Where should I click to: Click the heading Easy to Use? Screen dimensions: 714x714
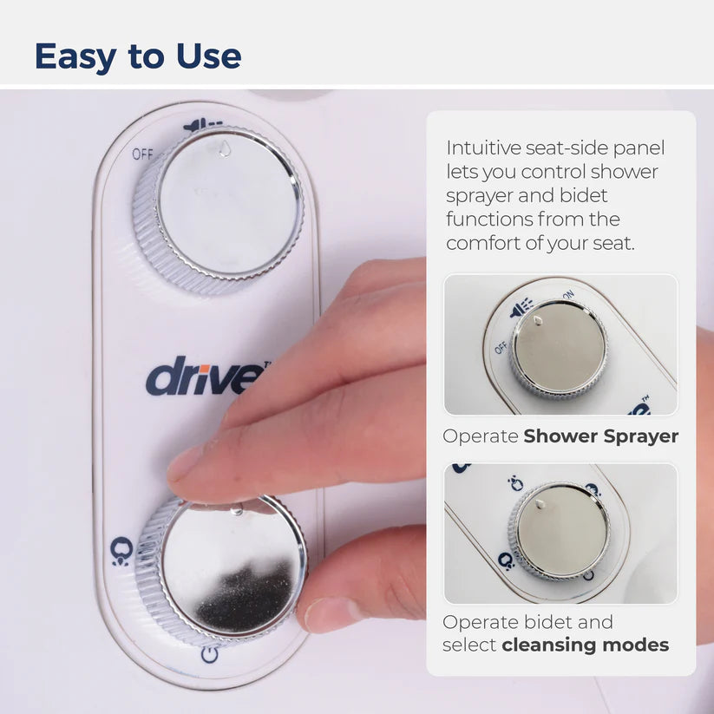point(138,56)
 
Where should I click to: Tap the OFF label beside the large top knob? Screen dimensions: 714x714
point(142,154)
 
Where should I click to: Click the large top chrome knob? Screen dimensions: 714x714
point(219,208)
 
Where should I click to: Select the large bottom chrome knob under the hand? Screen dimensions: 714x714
point(222,569)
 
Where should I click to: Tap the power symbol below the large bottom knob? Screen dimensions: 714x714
point(209,655)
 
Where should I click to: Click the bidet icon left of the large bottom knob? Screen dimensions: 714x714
point(121,551)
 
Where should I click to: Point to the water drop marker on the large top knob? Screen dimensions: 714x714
point(224,148)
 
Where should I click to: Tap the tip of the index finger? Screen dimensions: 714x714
point(169,473)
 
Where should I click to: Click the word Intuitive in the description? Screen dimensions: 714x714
point(483,148)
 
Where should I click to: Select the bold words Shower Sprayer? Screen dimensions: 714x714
point(600,436)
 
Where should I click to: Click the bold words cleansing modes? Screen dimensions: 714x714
point(585,645)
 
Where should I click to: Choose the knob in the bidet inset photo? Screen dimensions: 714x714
point(560,531)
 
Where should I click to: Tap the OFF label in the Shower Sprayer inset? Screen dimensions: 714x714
point(501,348)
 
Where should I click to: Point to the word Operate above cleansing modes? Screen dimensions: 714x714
point(481,623)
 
